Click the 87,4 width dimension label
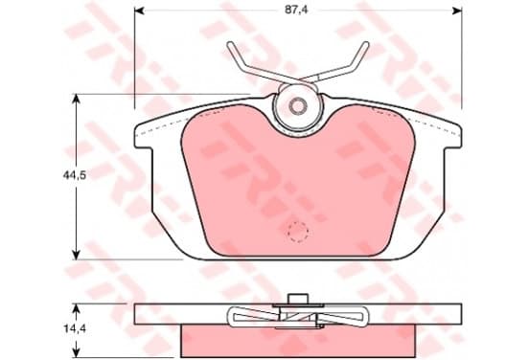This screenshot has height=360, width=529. [x=296, y=10]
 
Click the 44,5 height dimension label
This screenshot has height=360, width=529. [x=74, y=175]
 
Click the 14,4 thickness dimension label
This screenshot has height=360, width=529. [x=75, y=328]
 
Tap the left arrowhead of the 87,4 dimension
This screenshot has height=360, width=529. [x=139, y=11]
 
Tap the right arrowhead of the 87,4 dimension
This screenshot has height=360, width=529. [x=457, y=11]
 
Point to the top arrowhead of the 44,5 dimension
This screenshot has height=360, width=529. [x=77, y=100]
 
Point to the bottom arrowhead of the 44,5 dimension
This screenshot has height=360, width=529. [x=77, y=255]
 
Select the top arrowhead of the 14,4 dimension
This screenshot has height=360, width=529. [x=77, y=308]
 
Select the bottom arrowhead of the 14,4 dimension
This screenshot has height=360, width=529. [x=77, y=352]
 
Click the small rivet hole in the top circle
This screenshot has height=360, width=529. [x=298, y=106]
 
